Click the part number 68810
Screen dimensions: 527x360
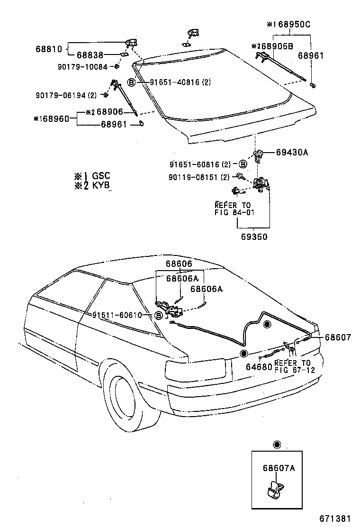(x=48, y=48)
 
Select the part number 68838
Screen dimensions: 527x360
(x=90, y=56)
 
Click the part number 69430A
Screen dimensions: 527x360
(x=292, y=152)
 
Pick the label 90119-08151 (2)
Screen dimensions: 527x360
(x=199, y=177)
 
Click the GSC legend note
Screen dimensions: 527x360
(x=92, y=176)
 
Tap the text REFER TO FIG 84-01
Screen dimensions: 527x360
(x=234, y=209)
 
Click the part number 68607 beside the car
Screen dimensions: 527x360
(x=338, y=337)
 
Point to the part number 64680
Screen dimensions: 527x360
(x=259, y=367)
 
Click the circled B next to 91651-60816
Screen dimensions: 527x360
(x=242, y=164)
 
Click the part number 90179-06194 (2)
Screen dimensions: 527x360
(x=66, y=95)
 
